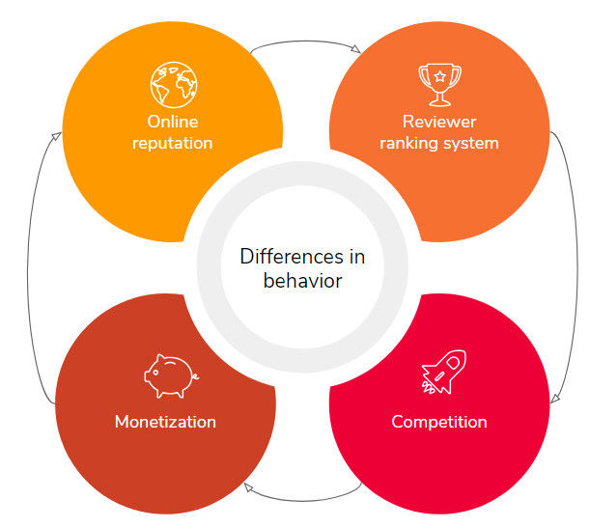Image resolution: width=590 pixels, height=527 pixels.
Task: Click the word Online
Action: [171, 123]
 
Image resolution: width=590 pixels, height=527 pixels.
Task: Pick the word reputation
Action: [171, 143]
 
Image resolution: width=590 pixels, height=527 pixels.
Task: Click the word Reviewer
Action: [439, 123]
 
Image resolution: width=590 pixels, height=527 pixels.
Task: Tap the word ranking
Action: [409, 143]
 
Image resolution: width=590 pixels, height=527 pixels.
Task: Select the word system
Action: [472, 143]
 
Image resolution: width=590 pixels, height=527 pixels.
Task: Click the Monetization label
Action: [165, 422]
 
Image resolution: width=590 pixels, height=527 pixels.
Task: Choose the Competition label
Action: [439, 422]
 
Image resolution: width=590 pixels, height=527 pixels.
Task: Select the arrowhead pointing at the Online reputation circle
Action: [55, 136]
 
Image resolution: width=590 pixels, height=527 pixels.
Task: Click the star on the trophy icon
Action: [439, 75]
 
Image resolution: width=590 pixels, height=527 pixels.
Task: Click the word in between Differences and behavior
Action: [358, 257]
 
